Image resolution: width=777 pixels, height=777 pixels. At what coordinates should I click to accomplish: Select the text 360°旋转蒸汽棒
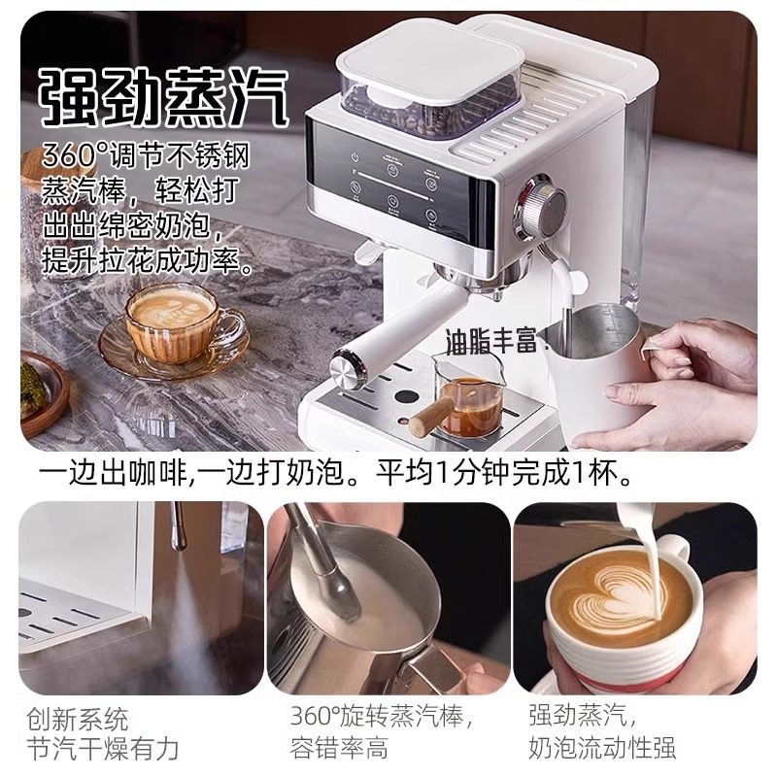coord(382,720)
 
